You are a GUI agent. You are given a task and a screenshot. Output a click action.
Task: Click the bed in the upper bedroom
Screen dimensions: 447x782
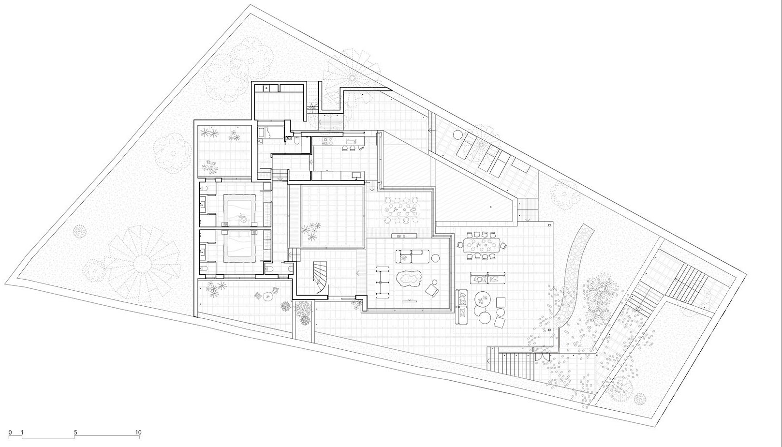[239, 209]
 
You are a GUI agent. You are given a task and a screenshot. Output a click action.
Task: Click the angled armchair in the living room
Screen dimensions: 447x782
[431, 290]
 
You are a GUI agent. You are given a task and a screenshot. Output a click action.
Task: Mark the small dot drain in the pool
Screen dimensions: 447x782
[490, 207]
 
